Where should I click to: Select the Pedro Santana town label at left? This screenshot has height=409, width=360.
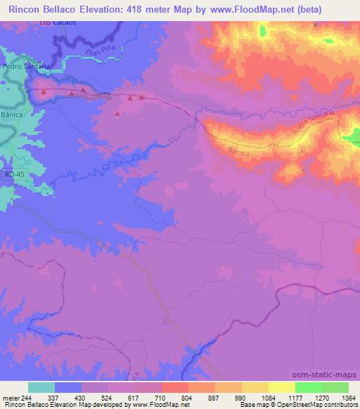[x=25, y=66]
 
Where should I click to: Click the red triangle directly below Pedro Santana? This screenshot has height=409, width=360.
[x=44, y=91]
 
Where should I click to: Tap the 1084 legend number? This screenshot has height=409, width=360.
[x=271, y=398]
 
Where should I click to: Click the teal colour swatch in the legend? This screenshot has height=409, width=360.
[x=41, y=387]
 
